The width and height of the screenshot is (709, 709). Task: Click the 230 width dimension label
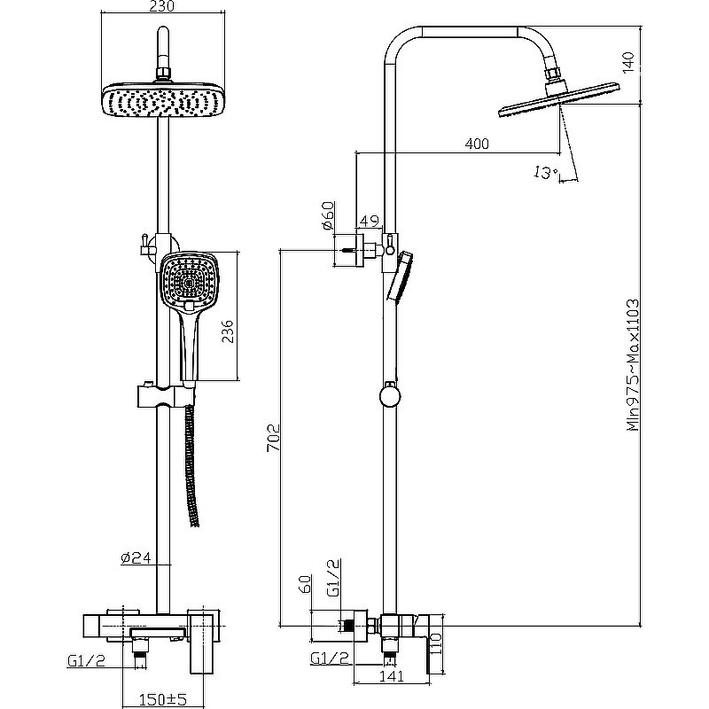coord(161,6)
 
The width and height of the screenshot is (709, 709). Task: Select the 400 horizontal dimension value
coord(477,144)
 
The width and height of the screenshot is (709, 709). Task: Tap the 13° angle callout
coord(545,173)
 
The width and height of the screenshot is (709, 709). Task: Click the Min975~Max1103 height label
coord(633,365)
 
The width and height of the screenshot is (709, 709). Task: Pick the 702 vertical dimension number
coord(274,438)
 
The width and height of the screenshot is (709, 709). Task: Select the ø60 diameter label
coord(328,215)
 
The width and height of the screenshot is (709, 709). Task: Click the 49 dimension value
coord(370,221)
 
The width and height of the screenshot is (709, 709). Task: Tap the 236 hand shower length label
coord(229,331)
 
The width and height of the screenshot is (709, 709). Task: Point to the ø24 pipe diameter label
coord(136,558)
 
